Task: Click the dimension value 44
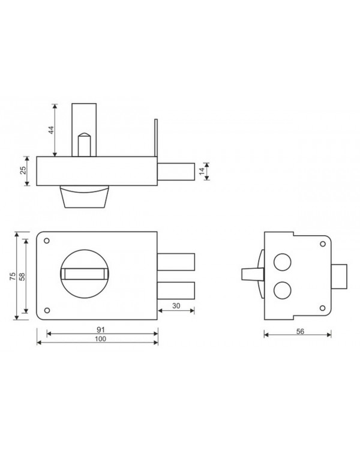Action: [51, 130]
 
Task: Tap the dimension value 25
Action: [23, 170]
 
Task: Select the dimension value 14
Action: [202, 172]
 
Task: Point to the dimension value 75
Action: [13, 276]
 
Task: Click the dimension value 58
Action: [22, 277]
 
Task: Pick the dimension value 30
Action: [176, 306]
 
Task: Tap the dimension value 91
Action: [101, 329]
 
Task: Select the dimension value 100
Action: [100, 339]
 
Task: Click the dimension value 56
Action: [300, 331]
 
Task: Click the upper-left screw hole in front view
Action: [47, 241]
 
